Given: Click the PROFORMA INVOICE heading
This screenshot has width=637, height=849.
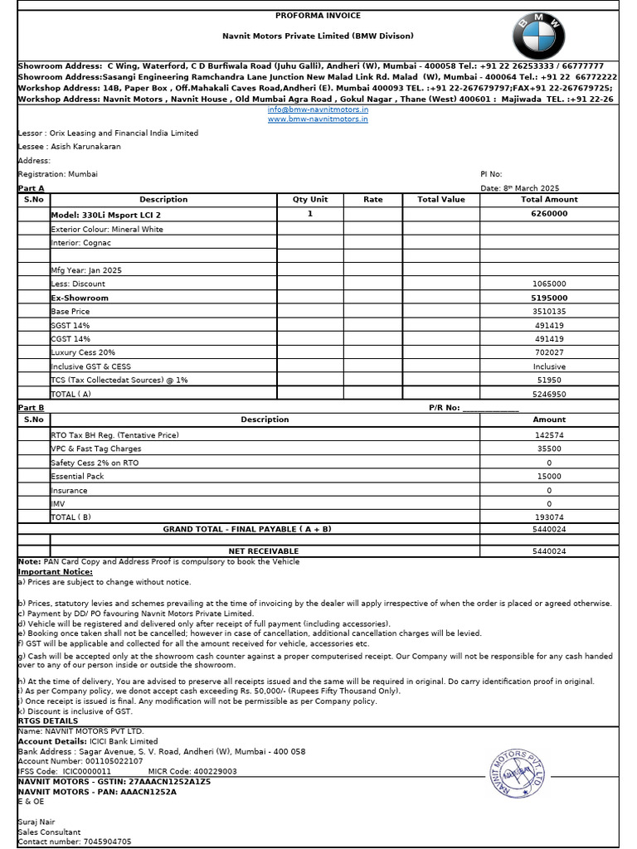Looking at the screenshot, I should pyautogui.click(x=318, y=15).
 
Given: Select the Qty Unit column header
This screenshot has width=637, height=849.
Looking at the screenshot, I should pyautogui.click(x=310, y=200).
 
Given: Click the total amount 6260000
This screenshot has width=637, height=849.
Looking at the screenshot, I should pyautogui.click(x=549, y=214).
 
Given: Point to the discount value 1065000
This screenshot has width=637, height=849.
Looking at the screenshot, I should pyautogui.click(x=549, y=284).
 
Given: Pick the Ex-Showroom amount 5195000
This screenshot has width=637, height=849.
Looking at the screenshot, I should pyautogui.click(x=549, y=298).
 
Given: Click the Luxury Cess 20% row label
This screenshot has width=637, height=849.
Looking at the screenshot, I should pyautogui.click(x=83, y=352).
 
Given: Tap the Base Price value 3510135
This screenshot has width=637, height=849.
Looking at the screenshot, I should pyautogui.click(x=549, y=311).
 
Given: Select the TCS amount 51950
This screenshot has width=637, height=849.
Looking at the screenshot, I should pyautogui.click(x=549, y=380).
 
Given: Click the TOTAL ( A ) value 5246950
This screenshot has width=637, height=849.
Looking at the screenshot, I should pyautogui.click(x=549, y=394).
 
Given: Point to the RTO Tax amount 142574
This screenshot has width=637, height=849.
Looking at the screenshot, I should pyautogui.click(x=549, y=435).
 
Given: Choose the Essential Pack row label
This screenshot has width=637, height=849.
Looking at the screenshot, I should pyautogui.click(x=78, y=477).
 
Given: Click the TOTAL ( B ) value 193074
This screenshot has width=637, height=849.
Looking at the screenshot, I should pyautogui.click(x=549, y=517).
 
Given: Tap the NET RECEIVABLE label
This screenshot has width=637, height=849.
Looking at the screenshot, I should pyautogui.click(x=264, y=551).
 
